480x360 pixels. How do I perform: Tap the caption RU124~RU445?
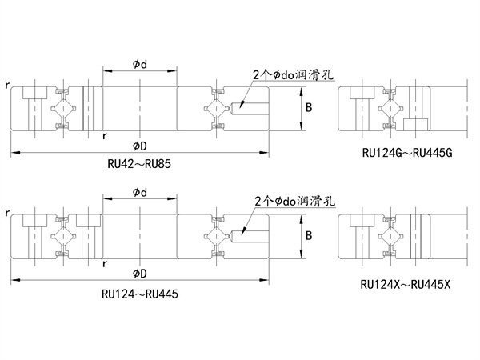coord(139,294)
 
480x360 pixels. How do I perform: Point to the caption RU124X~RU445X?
coord(406,283)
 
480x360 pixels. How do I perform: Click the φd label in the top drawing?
coord(139,64)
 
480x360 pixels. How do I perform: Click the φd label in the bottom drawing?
coord(139,192)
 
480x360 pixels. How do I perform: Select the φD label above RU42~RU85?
coord(139,145)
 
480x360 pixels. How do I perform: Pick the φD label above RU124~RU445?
coord(139,273)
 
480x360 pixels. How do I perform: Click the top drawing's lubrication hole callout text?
coord(292,74)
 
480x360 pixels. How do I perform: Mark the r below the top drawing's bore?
coord(106,135)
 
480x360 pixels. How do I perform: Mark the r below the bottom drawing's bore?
coord(106,263)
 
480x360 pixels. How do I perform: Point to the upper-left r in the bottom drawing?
coord(6,213)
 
